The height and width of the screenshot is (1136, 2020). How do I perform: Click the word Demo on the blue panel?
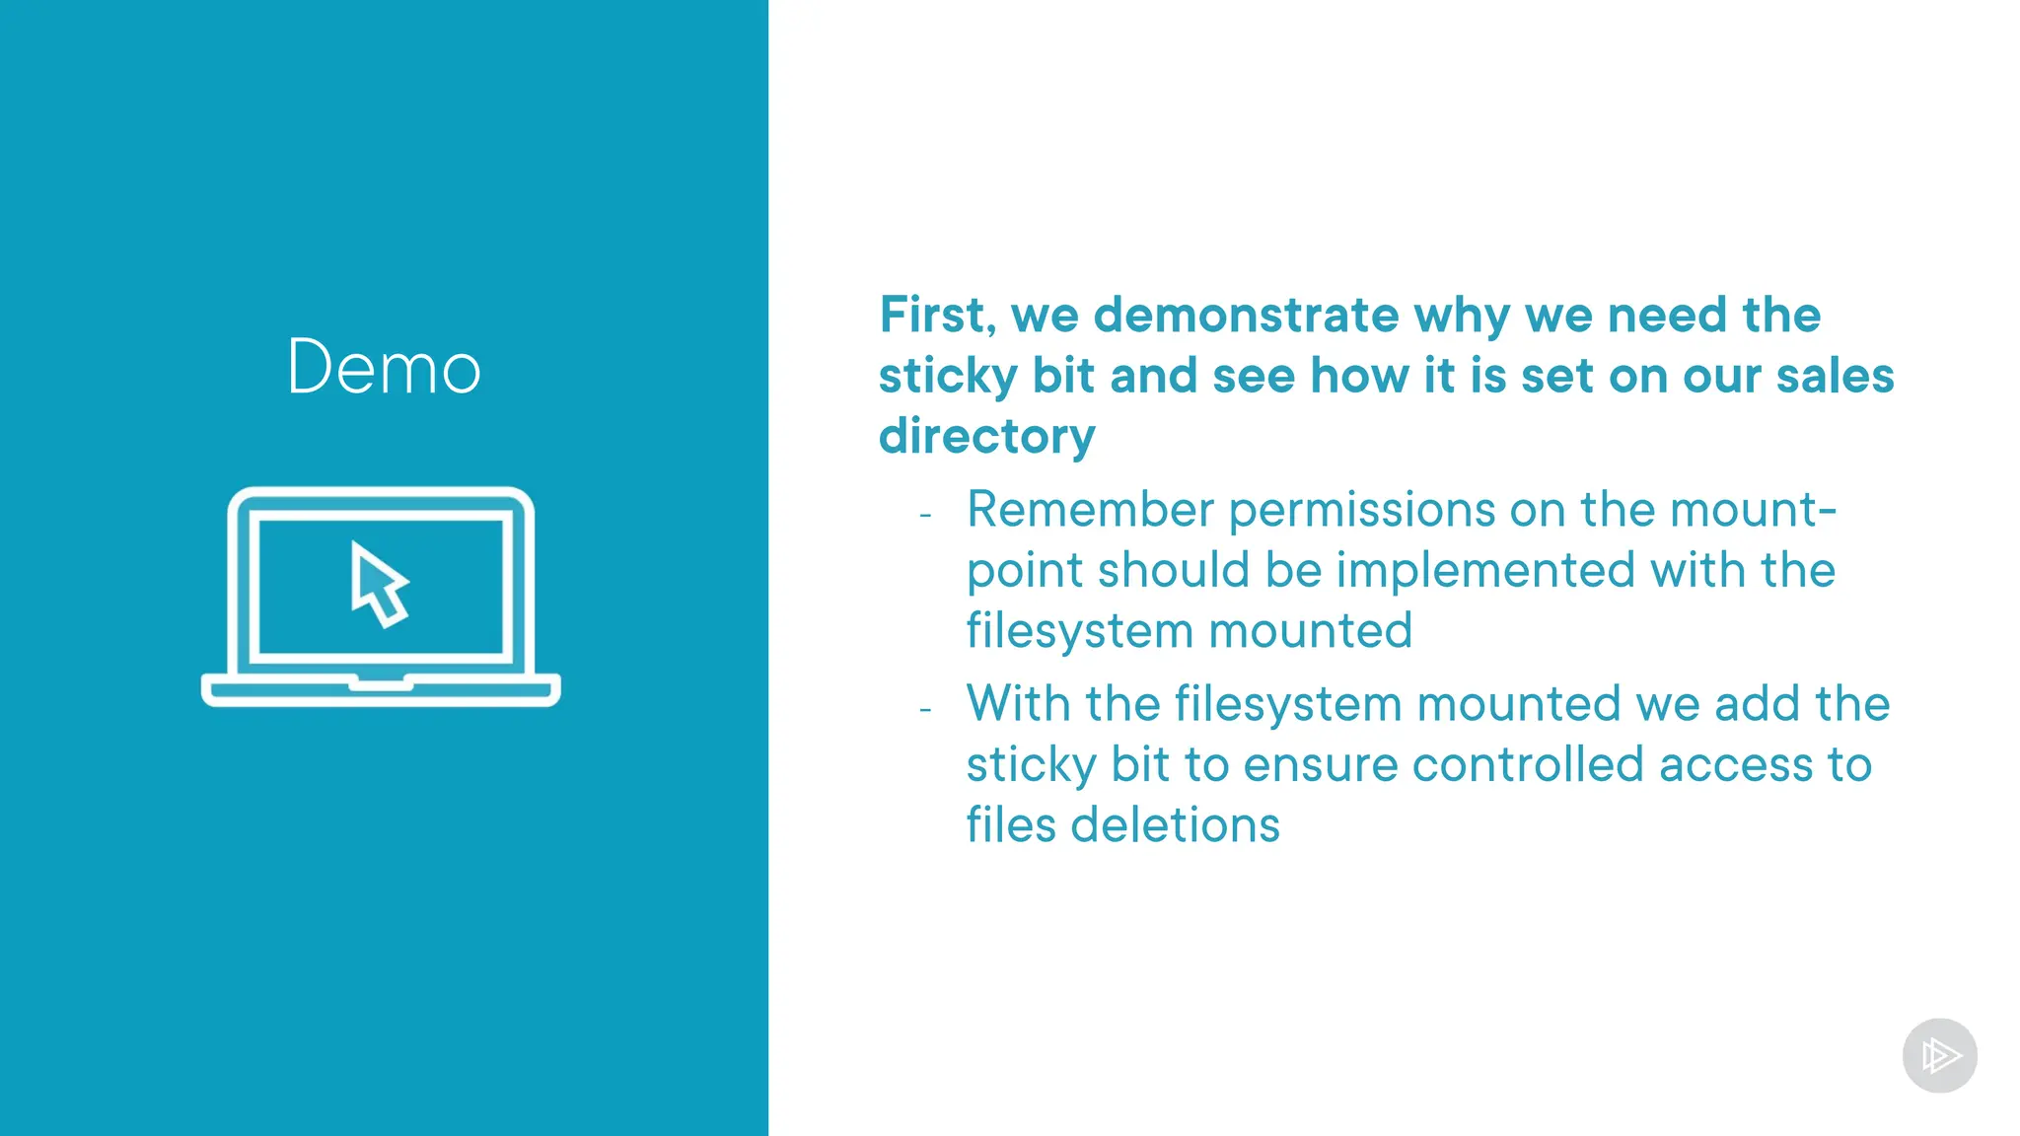(x=384, y=367)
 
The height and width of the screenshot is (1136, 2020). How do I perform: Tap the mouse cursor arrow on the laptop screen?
(x=378, y=584)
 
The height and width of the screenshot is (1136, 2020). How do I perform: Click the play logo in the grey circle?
(x=1939, y=1056)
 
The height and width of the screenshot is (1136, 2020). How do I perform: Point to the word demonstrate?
(x=1246, y=316)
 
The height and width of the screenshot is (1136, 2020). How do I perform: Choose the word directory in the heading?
(x=986, y=436)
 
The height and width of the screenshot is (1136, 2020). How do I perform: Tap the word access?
(x=1736, y=765)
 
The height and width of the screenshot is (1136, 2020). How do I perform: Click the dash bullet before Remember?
(x=925, y=516)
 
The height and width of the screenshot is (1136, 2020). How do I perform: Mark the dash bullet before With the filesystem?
(x=925, y=710)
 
